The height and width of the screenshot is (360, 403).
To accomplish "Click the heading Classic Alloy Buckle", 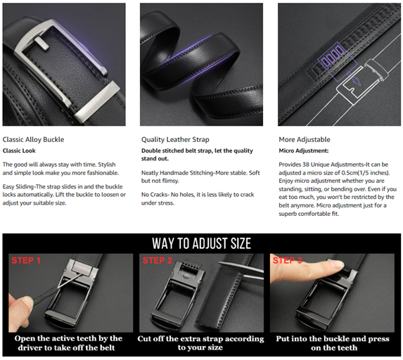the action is click(x=34, y=139).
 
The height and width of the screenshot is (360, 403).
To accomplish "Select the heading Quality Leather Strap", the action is click(x=175, y=139).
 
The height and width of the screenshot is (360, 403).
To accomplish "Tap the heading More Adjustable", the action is click(x=305, y=139).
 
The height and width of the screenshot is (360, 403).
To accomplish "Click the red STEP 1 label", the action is click(x=26, y=260).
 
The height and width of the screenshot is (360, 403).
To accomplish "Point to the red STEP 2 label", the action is click(x=157, y=260).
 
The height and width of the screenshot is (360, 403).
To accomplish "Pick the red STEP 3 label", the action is click(x=288, y=260).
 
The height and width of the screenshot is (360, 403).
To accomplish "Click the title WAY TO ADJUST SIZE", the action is click(x=201, y=243).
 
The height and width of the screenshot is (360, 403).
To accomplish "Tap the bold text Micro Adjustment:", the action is click(x=304, y=151).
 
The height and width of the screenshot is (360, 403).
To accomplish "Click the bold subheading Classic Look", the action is click(x=19, y=151).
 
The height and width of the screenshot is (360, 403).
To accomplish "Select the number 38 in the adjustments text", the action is click(x=306, y=165).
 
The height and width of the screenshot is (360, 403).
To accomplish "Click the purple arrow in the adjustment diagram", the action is click(x=354, y=78).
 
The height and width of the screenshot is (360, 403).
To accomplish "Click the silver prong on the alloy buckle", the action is click(x=42, y=43).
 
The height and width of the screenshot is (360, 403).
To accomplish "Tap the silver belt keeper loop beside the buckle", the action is click(x=97, y=101).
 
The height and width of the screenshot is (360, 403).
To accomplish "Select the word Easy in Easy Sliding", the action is click(x=8, y=187).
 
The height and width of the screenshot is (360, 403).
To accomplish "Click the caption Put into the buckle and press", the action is click(x=333, y=339).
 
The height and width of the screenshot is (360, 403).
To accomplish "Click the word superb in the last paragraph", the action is click(x=288, y=214).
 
